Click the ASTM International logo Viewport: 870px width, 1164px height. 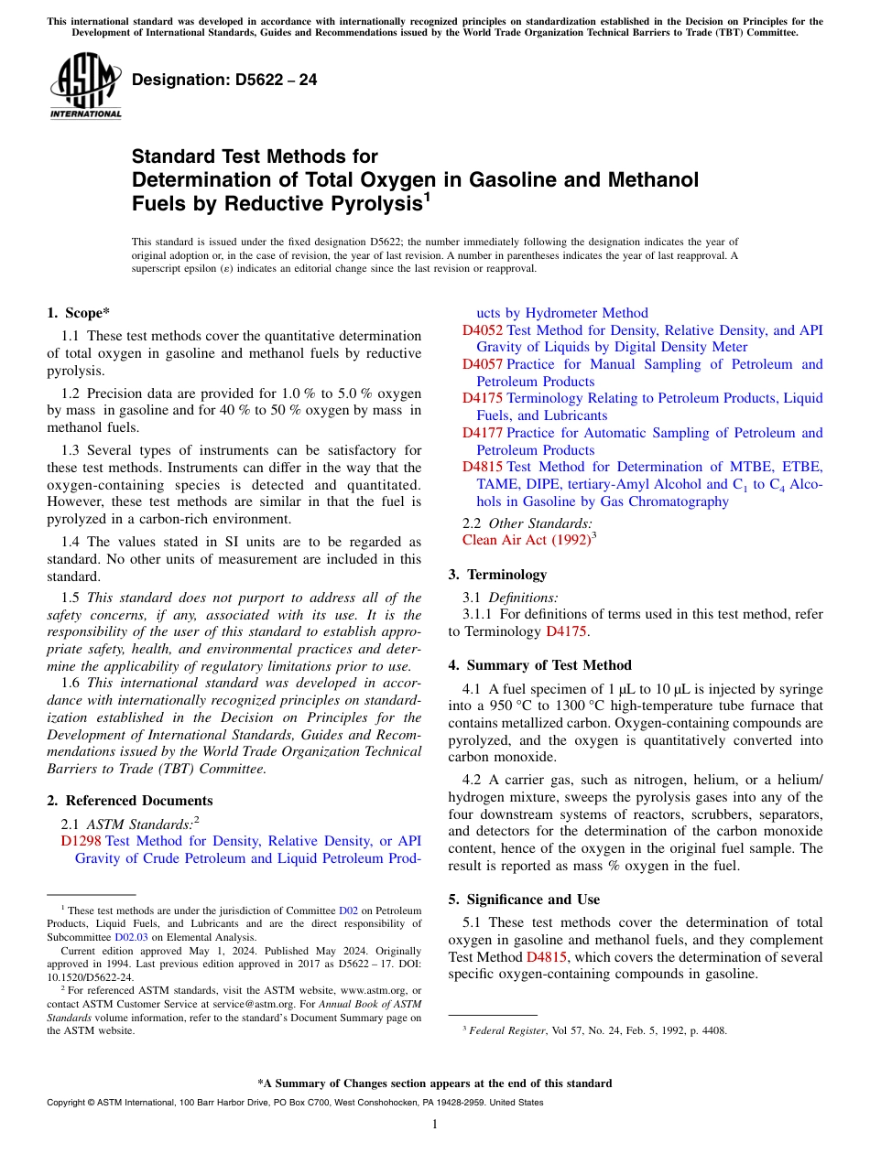85,86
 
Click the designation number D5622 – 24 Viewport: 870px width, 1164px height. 224,81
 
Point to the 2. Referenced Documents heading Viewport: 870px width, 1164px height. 130,801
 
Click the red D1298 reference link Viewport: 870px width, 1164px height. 81,841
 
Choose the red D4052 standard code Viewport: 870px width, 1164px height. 482,330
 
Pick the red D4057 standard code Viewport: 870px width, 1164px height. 482,364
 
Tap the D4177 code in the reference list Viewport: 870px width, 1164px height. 482,433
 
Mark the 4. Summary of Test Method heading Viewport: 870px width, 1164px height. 539,665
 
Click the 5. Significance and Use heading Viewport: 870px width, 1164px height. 524,900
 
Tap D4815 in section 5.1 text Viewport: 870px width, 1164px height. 548,957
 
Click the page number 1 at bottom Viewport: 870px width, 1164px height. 435,1125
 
